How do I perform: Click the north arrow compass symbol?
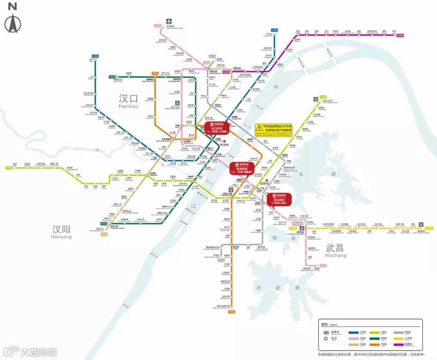13,23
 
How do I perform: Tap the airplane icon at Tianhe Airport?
169,21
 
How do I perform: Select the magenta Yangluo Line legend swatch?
399,344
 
